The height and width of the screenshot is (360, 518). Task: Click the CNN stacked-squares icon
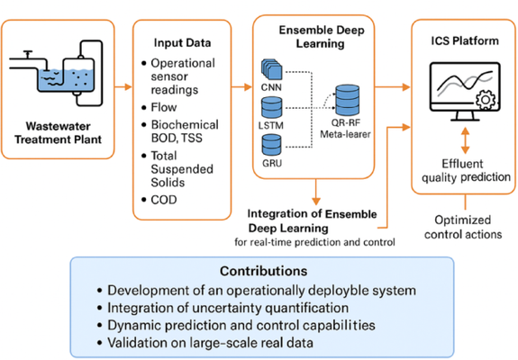click(272, 69)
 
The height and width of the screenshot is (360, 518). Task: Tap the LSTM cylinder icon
click(272, 107)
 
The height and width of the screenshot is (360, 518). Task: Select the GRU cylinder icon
click(272, 145)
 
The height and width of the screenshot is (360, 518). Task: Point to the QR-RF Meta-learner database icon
click(347, 100)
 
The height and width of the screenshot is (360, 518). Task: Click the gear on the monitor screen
click(486, 99)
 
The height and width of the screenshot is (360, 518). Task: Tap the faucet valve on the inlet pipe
click(28, 54)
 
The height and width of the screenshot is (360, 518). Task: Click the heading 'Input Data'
click(182, 43)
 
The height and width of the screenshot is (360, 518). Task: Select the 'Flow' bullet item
click(164, 107)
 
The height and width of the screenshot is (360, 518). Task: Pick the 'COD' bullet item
click(164, 200)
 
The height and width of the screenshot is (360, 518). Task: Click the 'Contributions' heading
click(264, 271)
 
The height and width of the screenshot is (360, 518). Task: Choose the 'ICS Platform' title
click(465, 40)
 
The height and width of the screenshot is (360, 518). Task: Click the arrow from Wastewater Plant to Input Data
click(123, 87)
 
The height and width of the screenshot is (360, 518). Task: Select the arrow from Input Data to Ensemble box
click(241, 87)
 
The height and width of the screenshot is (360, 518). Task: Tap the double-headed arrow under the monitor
click(465, 140)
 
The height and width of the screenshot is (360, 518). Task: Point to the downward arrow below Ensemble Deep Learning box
click(316, 192)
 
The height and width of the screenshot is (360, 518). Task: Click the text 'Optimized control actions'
click(463, 227)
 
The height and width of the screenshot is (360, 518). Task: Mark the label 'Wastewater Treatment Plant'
click(59, 132)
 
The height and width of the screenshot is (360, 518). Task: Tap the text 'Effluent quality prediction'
click(466, 171)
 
